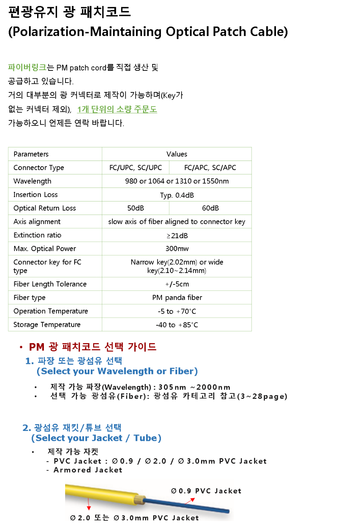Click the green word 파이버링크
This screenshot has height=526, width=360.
pyautogui.click(x=27, y=67)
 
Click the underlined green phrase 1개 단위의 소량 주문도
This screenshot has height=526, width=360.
pyautogui.click(x=117, y=109)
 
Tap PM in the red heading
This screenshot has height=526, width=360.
pyautogui.click(x=37, y=347)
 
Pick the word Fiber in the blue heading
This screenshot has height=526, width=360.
pyautogui.click(x=181, y=371)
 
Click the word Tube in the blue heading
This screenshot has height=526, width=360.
pyautogui.click(x=145, y=438)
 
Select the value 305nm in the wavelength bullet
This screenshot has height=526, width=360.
pyautogui.click(x=172, y=387)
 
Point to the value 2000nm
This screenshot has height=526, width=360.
pyautogui.click(x=213, y=387)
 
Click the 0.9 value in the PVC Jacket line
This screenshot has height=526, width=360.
pyautogui.click(x=126, y=461)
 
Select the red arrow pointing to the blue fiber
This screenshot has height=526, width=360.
pyautogui.click(x=190, y=501)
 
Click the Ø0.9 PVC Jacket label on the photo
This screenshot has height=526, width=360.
pyautogui.click(x=206, y=491)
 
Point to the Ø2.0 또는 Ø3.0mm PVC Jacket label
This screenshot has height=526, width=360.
pyautogui.click(x=134, y=518)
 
